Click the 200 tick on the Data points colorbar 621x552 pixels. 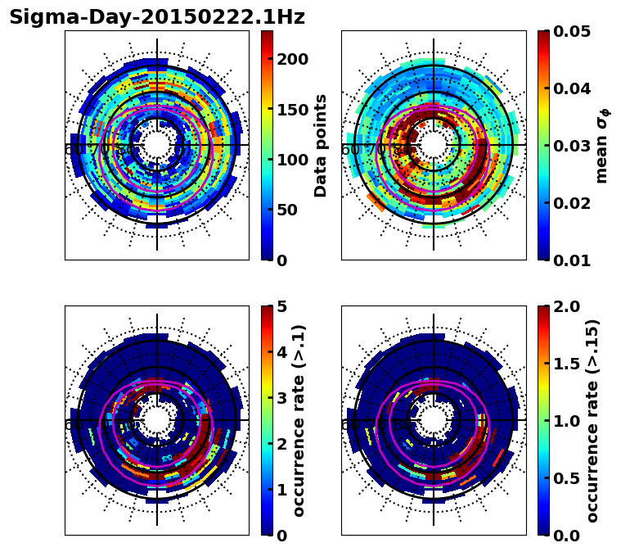point(292,59)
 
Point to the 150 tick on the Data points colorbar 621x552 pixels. point(292,110)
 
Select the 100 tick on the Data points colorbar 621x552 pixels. point(292,160)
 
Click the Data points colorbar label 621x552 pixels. point(321,145)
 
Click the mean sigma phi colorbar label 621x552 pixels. point(602,145)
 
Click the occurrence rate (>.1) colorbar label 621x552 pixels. point(299,420)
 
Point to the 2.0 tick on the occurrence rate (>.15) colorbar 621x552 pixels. point(564,306)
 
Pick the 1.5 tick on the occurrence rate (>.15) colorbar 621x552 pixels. point(564,364)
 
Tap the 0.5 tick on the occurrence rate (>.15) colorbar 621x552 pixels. point(564,478)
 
